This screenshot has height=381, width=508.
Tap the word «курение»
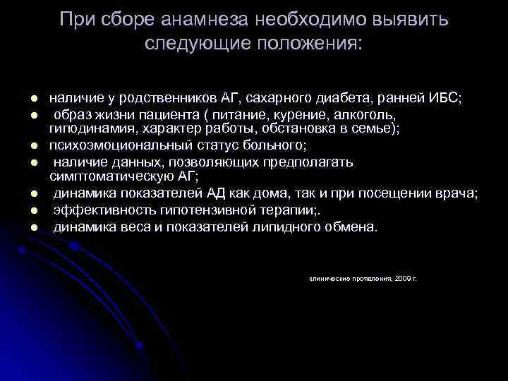[289, 114]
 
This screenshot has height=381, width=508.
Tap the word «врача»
[459, 193]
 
